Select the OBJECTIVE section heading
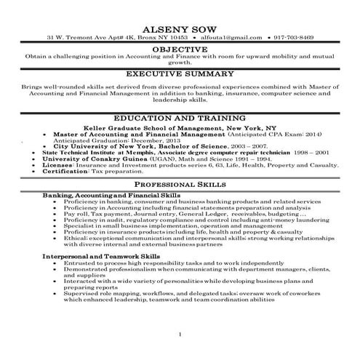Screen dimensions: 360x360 coord(179,48)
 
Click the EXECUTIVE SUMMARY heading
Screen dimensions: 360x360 coord(179,74)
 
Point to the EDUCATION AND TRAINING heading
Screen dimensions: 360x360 coord(179,118)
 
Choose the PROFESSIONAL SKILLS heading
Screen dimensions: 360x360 coord(179,186)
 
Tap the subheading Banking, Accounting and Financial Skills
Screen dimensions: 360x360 coord(100,196)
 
